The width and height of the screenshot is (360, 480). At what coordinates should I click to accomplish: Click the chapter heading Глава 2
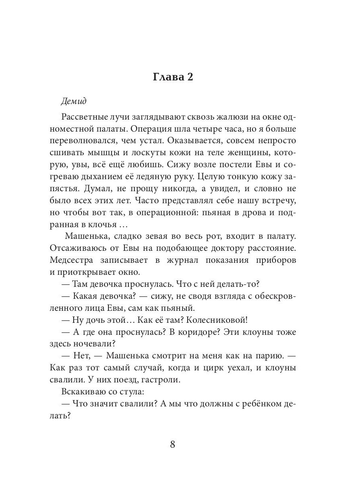coord(173,77)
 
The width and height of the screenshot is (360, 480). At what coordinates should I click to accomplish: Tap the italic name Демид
coord(74,101)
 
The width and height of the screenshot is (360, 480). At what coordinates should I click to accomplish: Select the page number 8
coord(173,445)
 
